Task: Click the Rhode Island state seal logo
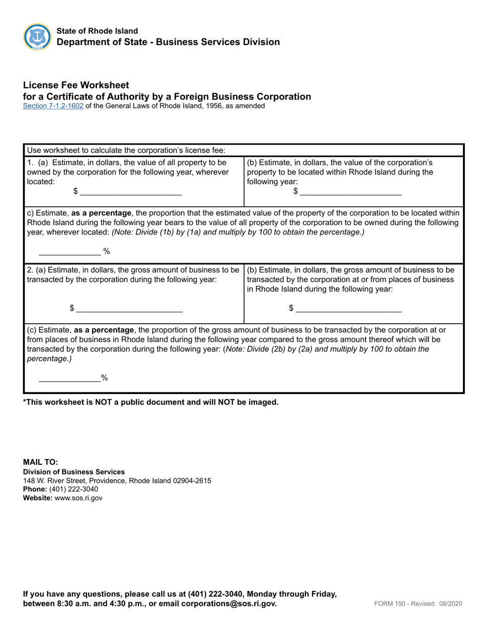tap(37, 37)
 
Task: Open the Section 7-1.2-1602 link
tap(53, 106)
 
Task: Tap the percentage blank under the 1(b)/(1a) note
tap(70, 251)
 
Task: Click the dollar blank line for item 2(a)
tap(129, 308)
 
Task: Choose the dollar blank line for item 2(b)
tap(349, 308)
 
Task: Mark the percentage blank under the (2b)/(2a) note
tap(70, 378)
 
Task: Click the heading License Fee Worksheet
tap(76, 85)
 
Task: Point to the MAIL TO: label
tap(40, 462)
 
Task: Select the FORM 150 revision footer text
tap(418, 604)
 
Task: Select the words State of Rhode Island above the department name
tap(97, 32)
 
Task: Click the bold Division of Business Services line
tap(74, 472)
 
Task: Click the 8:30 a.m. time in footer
tap(82, 604)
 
